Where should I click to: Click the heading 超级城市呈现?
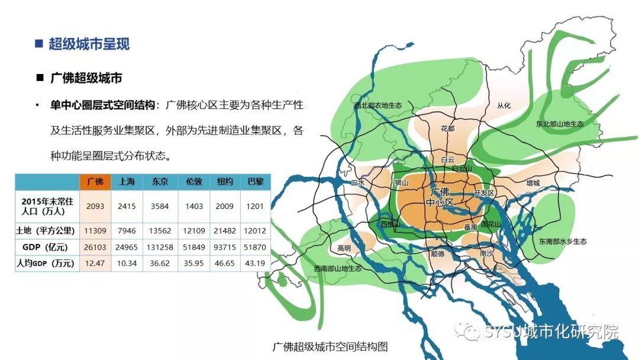pyautogui.click(x=89, y=44)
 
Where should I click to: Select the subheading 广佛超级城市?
pyautogui.click(x=86, y=78)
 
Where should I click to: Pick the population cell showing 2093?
pyautogui.click(x=95, y=205)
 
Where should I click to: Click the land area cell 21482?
pyautogui.click(x=224, y=230)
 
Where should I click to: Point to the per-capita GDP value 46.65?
pyautogui.click(x=224, y=263)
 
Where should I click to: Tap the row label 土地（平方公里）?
pyautogui.click(x=47, y=230)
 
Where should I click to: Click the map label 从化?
pyautogui.click(x=504, y=106)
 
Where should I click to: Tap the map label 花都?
pyautogui.click(x=447, y=128)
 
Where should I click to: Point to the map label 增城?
pyautogui.click(x=532, y=184)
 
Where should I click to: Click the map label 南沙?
pyautogui.click(x=486, y=253)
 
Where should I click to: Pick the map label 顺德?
pyautogui.click(x=437, y=253)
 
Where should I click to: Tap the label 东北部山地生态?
pyautogui.click(x=559, y=124)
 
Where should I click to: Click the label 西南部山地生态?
pyautogui.click(x=338, y=268)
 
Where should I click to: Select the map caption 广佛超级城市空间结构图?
pyautogui.click(x=330, y=346)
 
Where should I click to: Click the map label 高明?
pyautogui.click(x=344, y=248)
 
